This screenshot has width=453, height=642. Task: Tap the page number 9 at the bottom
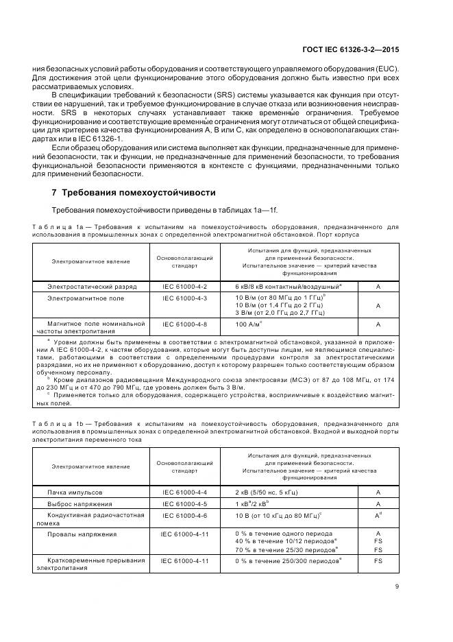[397, 586]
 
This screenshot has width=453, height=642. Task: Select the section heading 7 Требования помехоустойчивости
[134, 192]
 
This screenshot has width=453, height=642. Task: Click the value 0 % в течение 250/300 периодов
[289, 560]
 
